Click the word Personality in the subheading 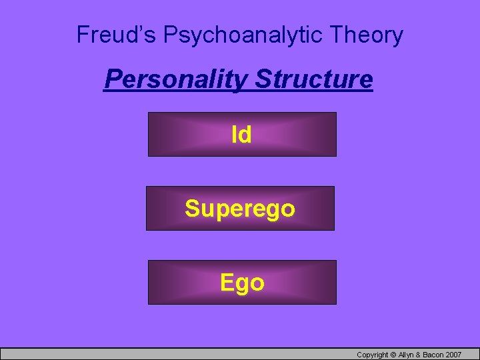177,79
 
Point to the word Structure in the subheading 314,79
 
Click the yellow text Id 241,135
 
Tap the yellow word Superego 240,209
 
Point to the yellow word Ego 242,283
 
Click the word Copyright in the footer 372,355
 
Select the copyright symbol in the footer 394,355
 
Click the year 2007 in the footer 455,355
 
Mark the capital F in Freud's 83,35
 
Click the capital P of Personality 111,79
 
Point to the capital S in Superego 192,209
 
